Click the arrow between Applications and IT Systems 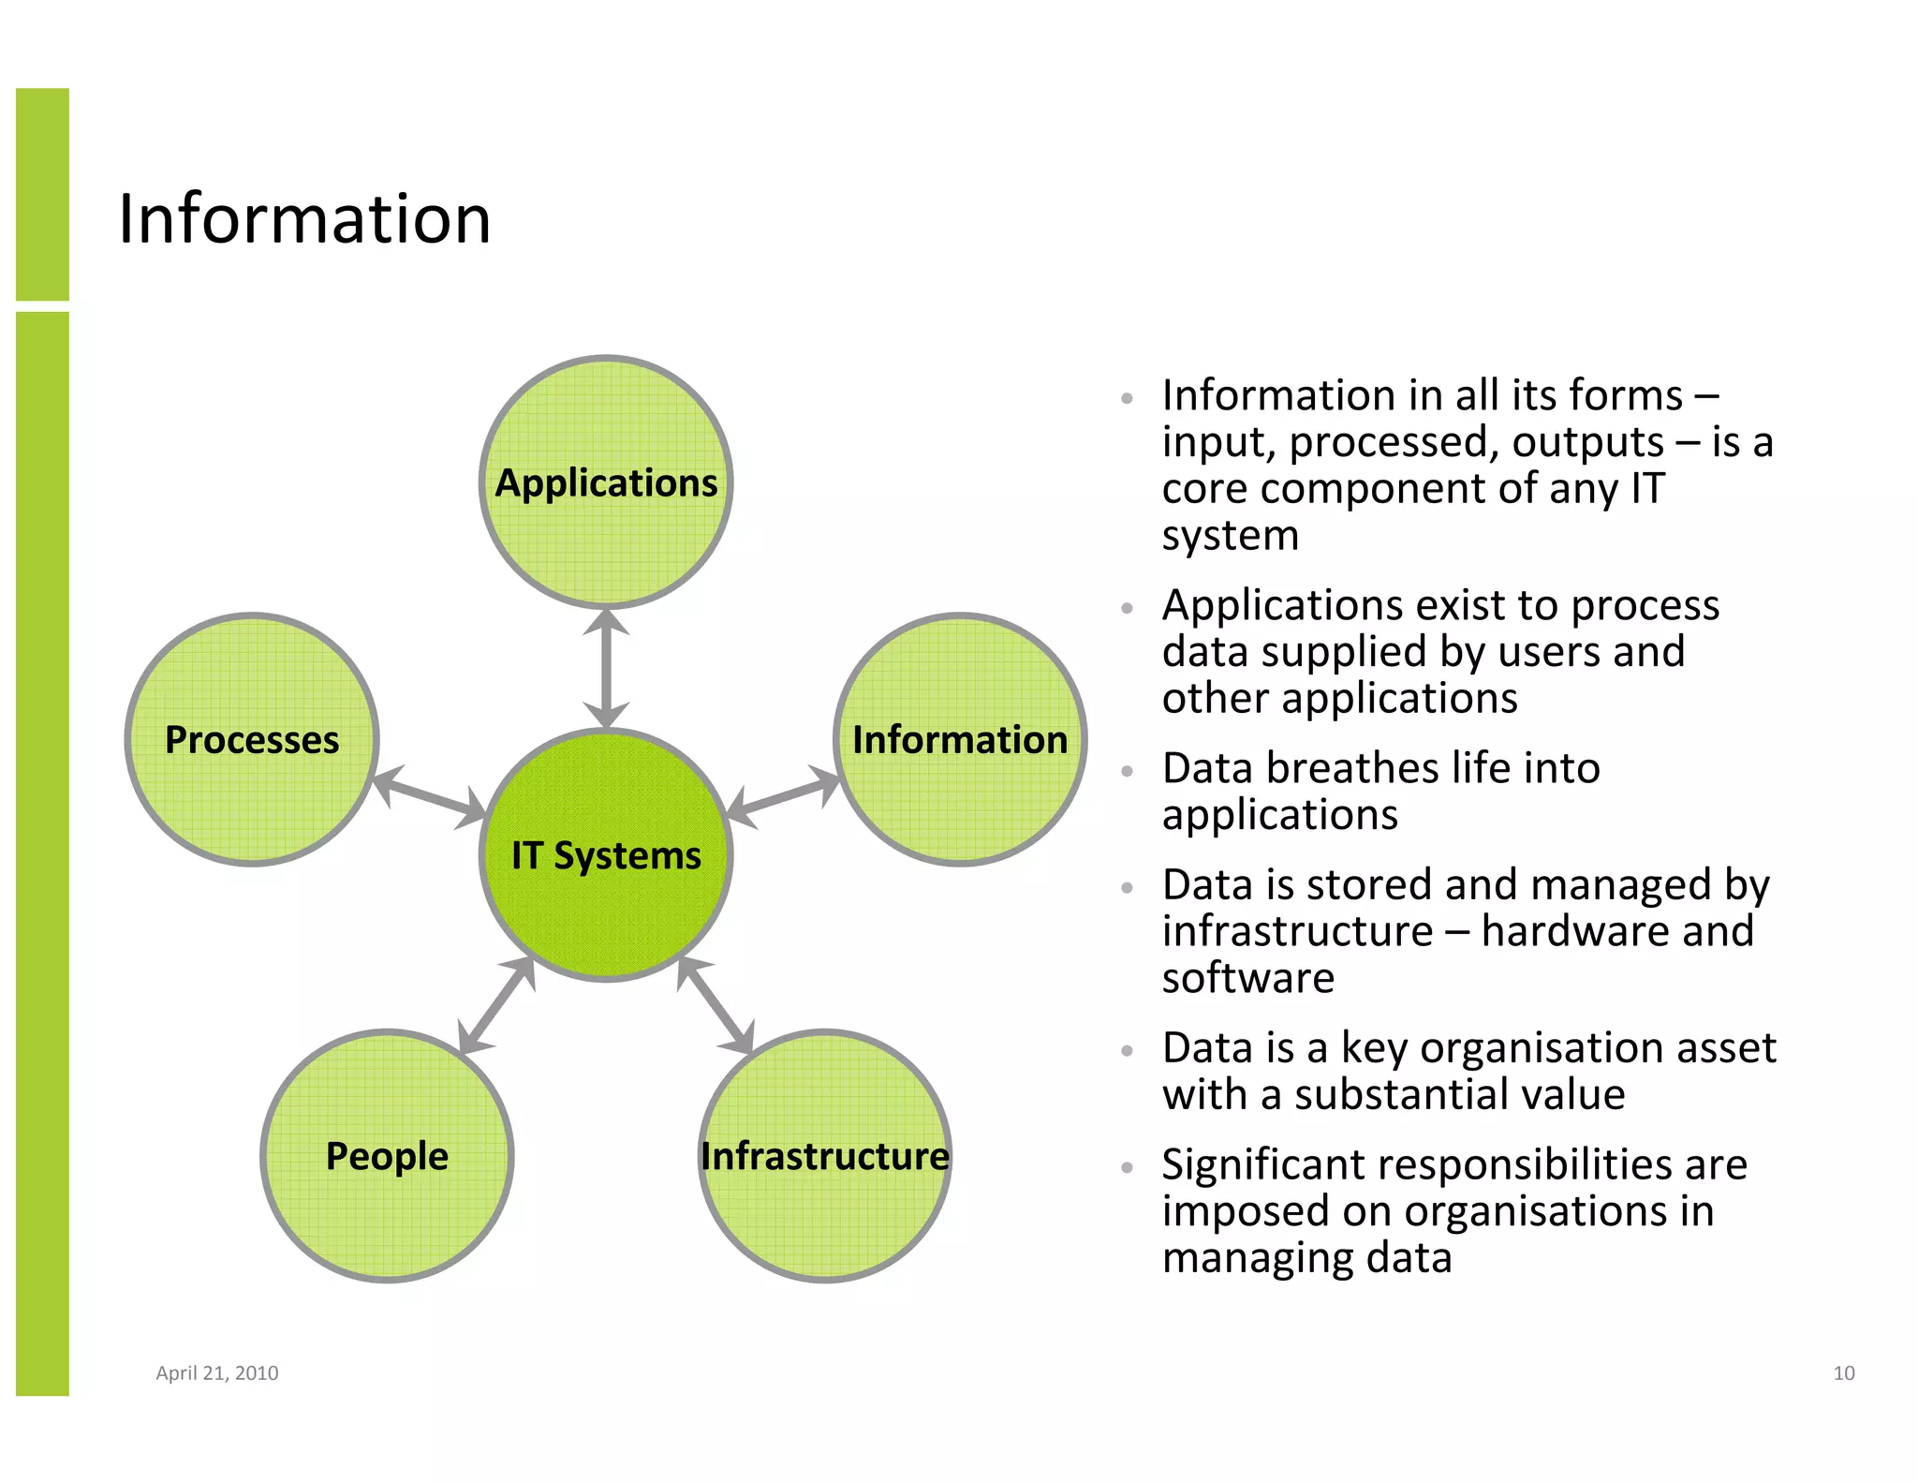pos(606,668)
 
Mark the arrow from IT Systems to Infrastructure pos(716,1005)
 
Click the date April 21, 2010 pos(216,1372)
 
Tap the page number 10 pos(1843,1372)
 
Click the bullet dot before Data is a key pos(1128,1051)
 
